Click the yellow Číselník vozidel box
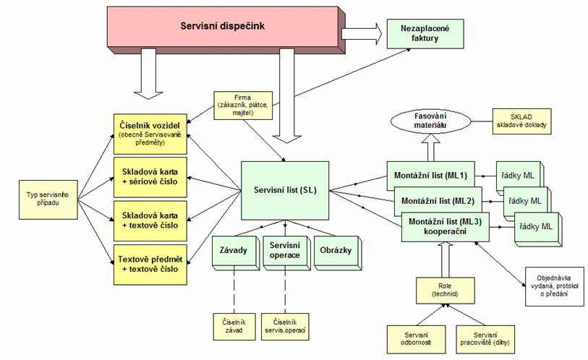pos(153,132)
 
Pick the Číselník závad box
pos(233,326)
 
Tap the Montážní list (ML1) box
pos(430,176)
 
